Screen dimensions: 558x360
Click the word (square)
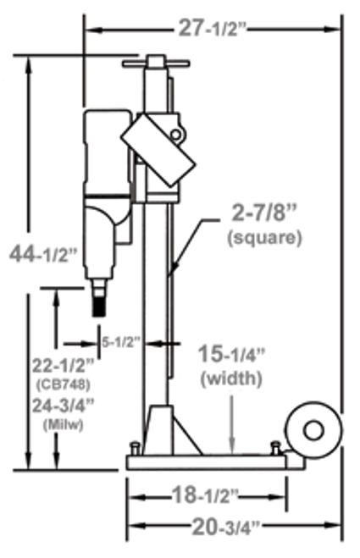(x=263, y=238)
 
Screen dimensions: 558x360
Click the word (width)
(x=232, y=378)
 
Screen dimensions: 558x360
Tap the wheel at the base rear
(x=313, y=431)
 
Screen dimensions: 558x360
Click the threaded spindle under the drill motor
(x=100, y=301)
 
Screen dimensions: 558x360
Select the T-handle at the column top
(x=156, y=62)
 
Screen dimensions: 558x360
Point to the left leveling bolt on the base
(x=133, y=448)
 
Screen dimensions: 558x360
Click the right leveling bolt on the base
(x=275, y=447)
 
